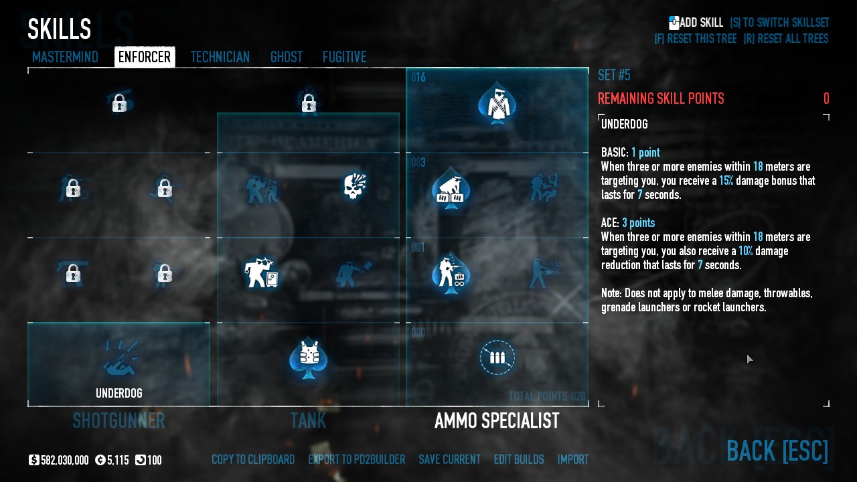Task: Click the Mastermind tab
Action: pos(65,57)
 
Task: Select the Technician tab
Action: pos(220,57)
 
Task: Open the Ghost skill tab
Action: pos(287,57)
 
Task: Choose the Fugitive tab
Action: pos(344,57)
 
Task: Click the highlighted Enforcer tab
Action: pos(145,57)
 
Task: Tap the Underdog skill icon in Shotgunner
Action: pos(119,358)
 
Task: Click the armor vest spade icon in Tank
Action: pos(309,357)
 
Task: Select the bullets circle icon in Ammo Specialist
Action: pos(497,357)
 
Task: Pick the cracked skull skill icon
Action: pos(355,185)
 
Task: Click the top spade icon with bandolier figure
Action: pos(497,102)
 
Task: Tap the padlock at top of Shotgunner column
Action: pos(119,102)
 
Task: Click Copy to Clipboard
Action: pos(253,459)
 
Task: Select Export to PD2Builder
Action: pos(357,459)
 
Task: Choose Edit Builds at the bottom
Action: pos(519,459)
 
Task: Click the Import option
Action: pos(573,459)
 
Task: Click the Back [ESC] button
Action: pos(777,451)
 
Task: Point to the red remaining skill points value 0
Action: pos(826,98)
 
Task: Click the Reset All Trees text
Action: pos(786,39)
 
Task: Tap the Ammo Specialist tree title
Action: pos(497,421)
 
